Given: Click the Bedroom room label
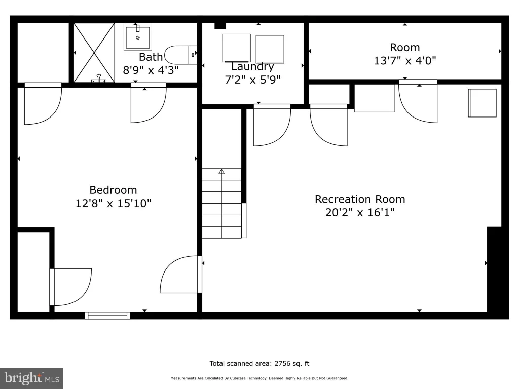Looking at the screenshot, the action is [x=113, y=190].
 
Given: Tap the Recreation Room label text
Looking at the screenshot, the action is [x=360, y=199].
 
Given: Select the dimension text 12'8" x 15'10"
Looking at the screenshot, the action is [x=113, y=203].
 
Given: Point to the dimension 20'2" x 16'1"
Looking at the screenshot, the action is [x=360, y=212].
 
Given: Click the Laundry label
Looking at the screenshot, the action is [x=252, y=67].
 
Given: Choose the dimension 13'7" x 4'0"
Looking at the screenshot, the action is [x=405, y=61].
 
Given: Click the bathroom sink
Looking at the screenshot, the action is [x=138, y=37].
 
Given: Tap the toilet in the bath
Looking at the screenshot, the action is [x=181, y=55].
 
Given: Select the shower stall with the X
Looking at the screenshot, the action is [x=94, y=53].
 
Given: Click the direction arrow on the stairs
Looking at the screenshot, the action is [x=221, y=171].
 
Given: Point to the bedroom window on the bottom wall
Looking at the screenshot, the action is [x=107, y=316].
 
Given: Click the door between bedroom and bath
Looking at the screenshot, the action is [x=149, y=103].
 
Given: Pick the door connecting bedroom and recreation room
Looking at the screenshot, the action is [x=181, y=275].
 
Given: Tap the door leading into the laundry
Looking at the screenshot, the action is [x=272, y=125].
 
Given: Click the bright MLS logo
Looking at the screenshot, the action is [x=31, y=378].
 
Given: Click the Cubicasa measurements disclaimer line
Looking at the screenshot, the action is [x=259, y=378].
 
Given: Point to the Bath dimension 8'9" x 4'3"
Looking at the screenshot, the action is [x=151, y=70].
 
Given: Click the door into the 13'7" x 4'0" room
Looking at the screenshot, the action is [x=418, y=101].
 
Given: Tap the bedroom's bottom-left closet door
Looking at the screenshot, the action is [x=70, y=287].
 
